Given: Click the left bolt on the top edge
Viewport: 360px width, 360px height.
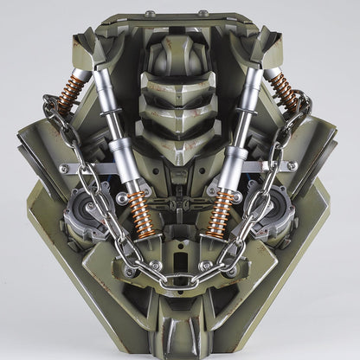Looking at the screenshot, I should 149,14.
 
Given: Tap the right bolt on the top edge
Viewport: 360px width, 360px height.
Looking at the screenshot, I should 204,14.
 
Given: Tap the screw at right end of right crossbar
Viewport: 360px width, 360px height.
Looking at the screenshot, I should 292,165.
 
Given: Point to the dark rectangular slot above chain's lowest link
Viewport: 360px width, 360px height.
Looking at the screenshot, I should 179,260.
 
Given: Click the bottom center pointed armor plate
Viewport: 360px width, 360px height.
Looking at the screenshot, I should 179,333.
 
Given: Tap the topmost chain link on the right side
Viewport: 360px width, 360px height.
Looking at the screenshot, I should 305,108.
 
